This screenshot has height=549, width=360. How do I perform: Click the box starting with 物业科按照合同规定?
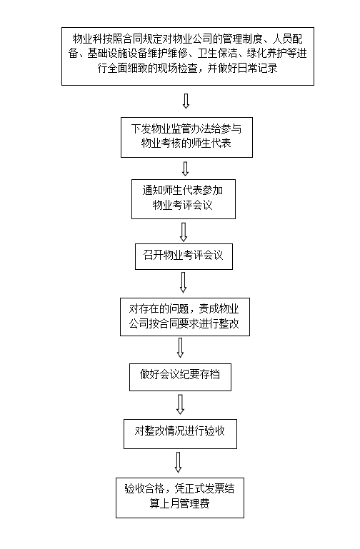click(188, 56)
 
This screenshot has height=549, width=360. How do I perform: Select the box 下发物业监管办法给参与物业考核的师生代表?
click(186, 137)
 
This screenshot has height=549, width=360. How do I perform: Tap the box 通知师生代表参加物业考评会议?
click(184, 199)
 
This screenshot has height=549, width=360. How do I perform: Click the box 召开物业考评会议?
click(184, 256)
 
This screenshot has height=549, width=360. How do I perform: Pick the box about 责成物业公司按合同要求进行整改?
click(185, 317)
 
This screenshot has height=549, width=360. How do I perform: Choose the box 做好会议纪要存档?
click(180, 377)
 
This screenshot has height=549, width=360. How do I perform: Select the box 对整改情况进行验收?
click(180, 434)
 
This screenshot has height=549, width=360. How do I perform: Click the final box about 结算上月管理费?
click(180, 498)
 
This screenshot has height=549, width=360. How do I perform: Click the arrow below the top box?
click(186, 101)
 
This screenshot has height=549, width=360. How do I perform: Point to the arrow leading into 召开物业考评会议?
click(184, 232)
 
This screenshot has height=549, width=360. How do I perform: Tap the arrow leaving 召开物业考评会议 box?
click(183, 283)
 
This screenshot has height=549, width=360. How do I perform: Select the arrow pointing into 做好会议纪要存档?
click(180, 348)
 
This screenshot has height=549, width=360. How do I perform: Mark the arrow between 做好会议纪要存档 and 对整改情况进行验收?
click(180, 405)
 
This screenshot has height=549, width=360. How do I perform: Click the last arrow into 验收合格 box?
click(179, 462)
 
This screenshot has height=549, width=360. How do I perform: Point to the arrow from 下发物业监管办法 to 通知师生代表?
click(186, 168)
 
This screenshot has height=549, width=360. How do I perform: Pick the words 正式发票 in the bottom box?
click(204, 488)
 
